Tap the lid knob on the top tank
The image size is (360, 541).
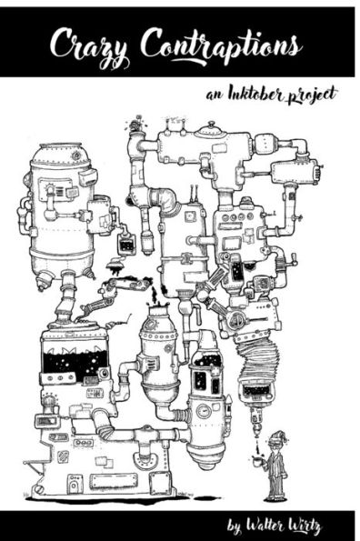coord(212,128)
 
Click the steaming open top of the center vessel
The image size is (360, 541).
coord(155,312)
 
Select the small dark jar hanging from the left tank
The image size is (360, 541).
coord(126,244)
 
